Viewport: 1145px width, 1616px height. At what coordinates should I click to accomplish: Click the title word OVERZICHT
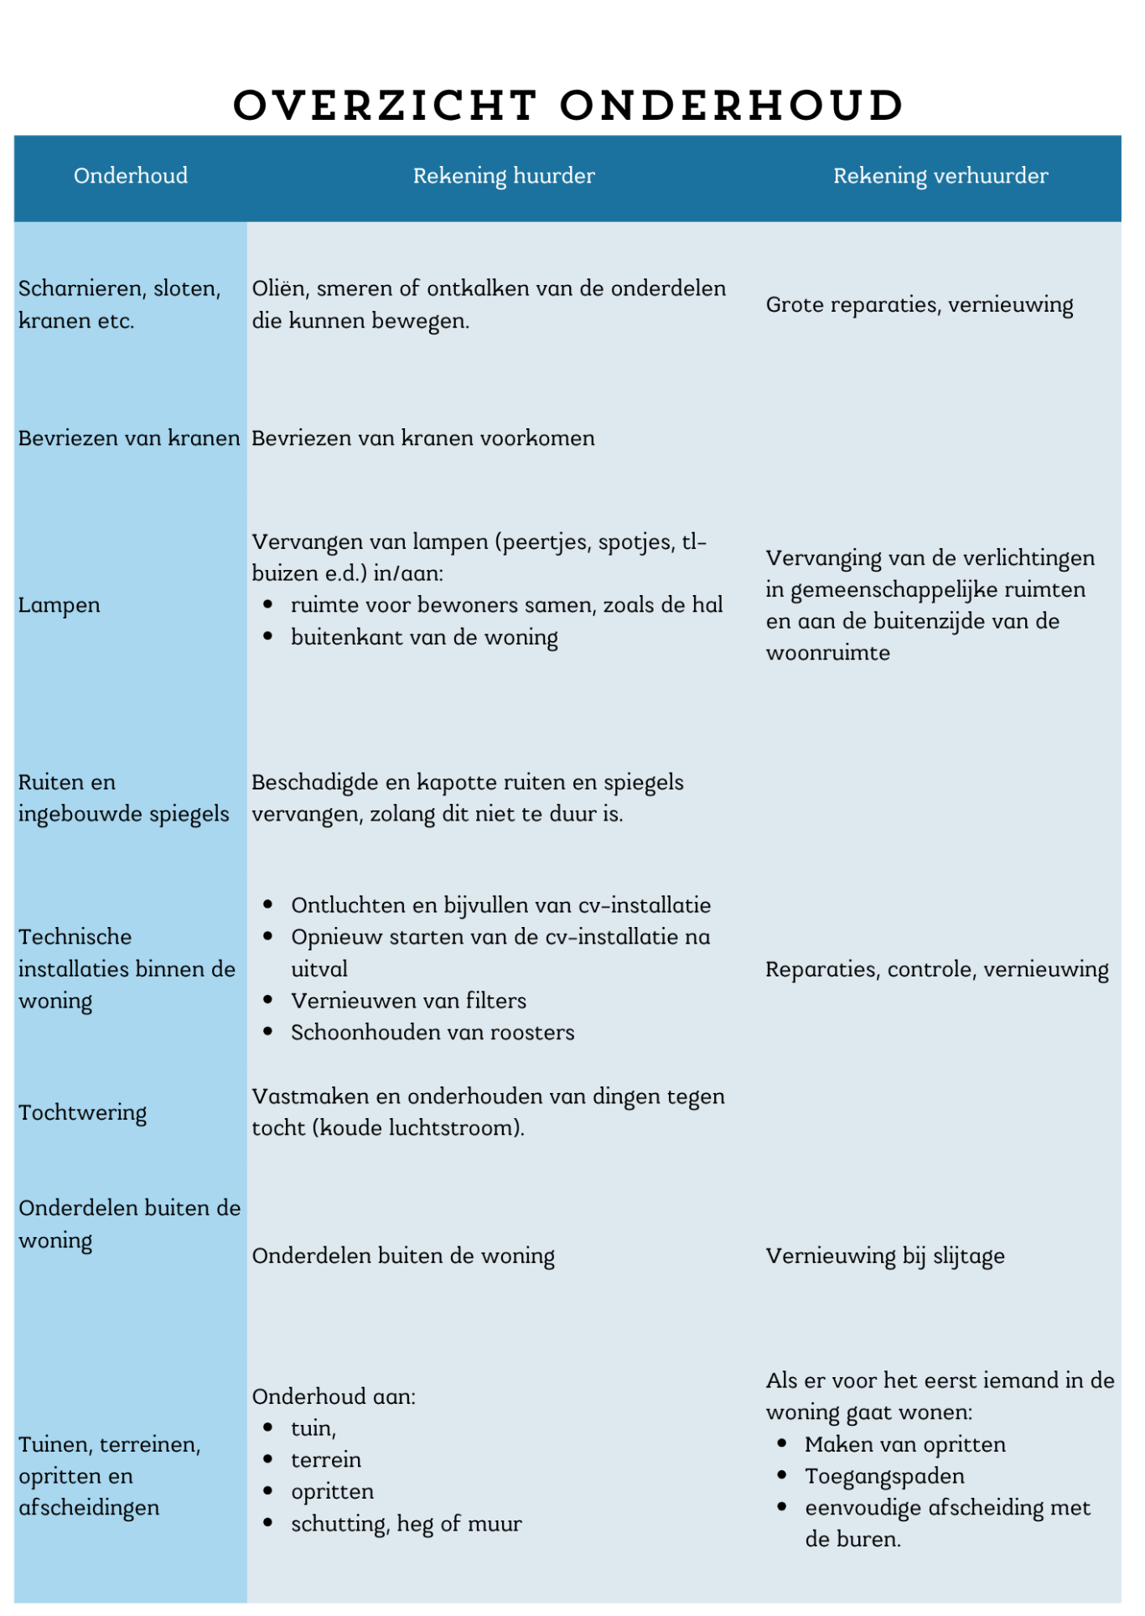385,106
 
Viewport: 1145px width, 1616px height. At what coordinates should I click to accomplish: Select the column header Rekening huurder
504,176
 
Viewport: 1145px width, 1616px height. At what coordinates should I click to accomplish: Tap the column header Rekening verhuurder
940,176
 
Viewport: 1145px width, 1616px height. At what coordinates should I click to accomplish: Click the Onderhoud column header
131,176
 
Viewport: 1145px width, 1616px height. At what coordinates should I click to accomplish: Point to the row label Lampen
60,605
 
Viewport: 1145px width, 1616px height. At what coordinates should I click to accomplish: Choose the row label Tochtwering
83,1113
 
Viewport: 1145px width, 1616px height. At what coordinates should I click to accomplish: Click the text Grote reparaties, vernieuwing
919,305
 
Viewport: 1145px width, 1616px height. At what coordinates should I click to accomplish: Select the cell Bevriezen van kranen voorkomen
423,438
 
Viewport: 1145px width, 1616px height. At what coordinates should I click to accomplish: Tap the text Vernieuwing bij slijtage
884,1256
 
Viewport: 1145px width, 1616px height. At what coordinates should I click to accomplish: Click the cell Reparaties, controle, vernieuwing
936,970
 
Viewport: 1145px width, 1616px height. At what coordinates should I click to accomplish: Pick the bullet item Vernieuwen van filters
408,1002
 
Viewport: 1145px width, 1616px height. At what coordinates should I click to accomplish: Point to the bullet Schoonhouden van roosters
433,1033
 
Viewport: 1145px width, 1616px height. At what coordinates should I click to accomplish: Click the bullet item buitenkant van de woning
424,638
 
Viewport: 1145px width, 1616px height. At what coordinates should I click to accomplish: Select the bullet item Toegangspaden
884,1477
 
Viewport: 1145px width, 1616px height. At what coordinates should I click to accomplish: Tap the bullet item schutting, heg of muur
406,1525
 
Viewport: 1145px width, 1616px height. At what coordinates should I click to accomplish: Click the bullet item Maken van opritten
904,1445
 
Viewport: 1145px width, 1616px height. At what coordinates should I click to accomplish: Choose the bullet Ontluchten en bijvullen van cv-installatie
500,906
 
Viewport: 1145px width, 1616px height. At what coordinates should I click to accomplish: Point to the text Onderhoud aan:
334,1397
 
